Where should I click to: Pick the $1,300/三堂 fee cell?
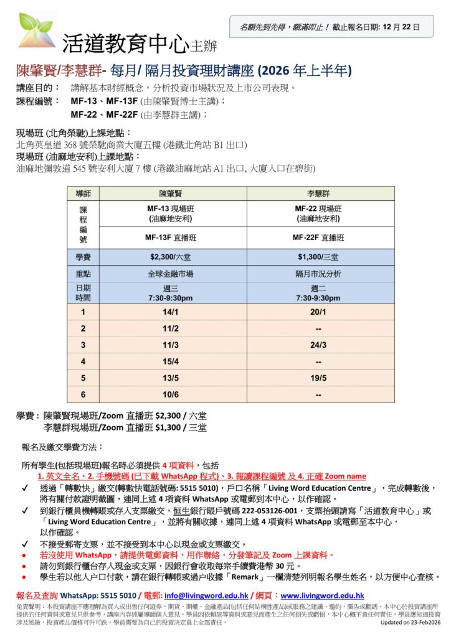click(321, 257)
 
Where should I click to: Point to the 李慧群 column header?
click(321, 194)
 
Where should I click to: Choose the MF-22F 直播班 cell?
click(321, 238)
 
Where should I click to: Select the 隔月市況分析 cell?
click(321, 274)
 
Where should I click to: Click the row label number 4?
click(83, 361)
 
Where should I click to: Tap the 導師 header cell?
click(83, 194)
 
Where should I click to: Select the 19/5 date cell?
click(321, 377)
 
